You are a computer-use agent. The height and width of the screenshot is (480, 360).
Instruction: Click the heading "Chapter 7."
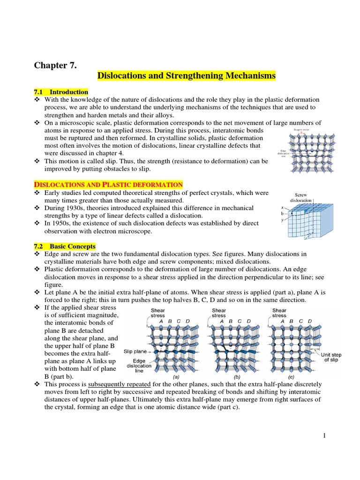54,65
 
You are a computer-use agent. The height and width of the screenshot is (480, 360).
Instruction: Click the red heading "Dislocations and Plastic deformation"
108,185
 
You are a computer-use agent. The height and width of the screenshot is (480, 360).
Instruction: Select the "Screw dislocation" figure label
300,197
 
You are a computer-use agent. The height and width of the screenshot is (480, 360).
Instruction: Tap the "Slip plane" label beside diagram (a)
135,351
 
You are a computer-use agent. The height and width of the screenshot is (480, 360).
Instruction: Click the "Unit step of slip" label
331,358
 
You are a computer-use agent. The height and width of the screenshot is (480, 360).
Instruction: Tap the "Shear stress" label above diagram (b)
219,313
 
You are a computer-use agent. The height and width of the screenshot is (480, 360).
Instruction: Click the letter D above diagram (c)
309,321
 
